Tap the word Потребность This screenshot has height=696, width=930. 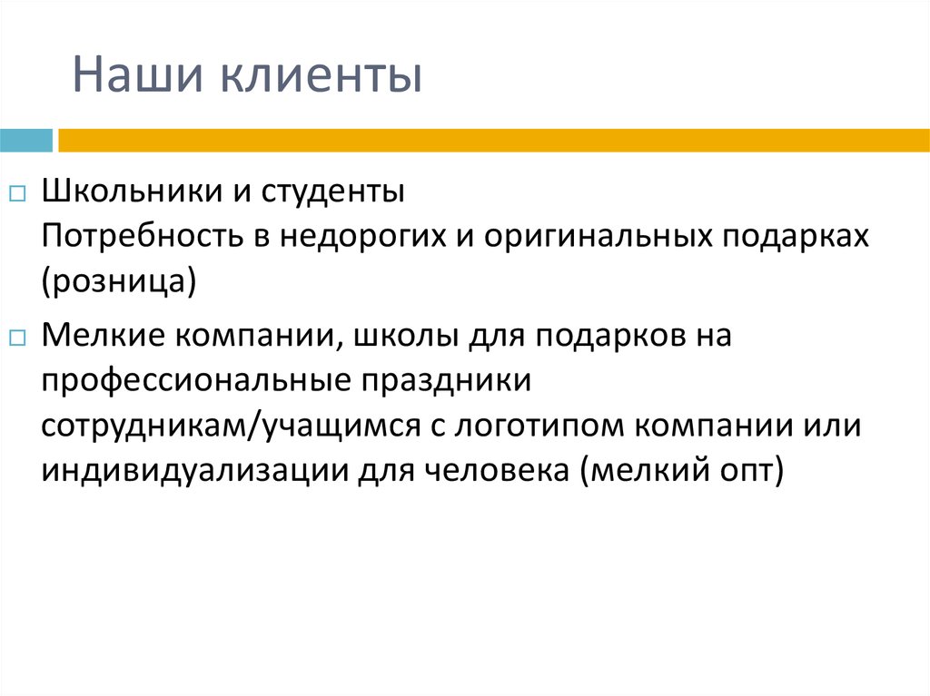click(x=137, y=236)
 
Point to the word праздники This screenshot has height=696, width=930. click(x=447, y=381)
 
